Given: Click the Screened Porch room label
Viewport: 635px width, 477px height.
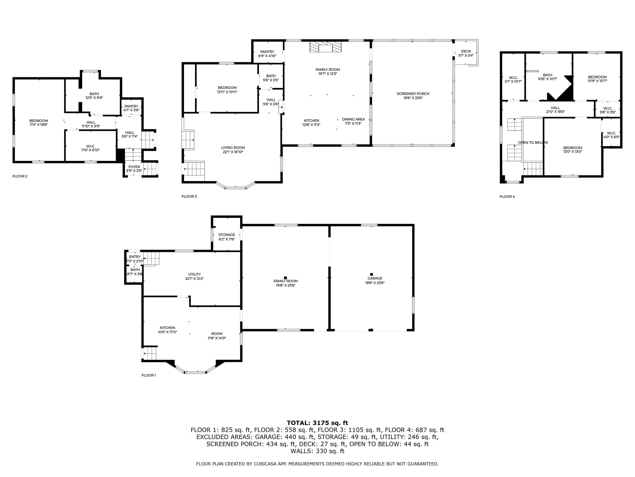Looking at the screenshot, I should point(413,94).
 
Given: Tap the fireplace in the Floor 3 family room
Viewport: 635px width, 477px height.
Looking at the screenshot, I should point(325,47).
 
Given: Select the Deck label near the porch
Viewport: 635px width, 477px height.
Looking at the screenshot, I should point(466,51).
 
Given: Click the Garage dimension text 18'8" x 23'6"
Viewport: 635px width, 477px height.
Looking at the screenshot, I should point(375,283).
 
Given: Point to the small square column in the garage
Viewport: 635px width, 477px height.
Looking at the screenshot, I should point(371,274).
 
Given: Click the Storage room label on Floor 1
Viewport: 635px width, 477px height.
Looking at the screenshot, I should point(226,235).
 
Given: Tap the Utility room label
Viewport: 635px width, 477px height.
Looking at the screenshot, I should point(194,274).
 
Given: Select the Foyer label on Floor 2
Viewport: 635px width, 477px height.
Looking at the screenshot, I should point(134,167).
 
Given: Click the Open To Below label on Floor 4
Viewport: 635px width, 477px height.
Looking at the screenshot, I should point(533,142).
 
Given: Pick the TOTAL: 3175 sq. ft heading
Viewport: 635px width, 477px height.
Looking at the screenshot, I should point(317,423).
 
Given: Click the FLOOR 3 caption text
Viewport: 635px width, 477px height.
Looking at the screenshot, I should point(189,196).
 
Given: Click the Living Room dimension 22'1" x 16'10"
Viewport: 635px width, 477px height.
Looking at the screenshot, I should point(233,152).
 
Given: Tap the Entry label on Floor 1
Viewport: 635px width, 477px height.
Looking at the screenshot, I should point(135,257).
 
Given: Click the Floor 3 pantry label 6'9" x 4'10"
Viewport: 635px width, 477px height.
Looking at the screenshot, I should point(267,54).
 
